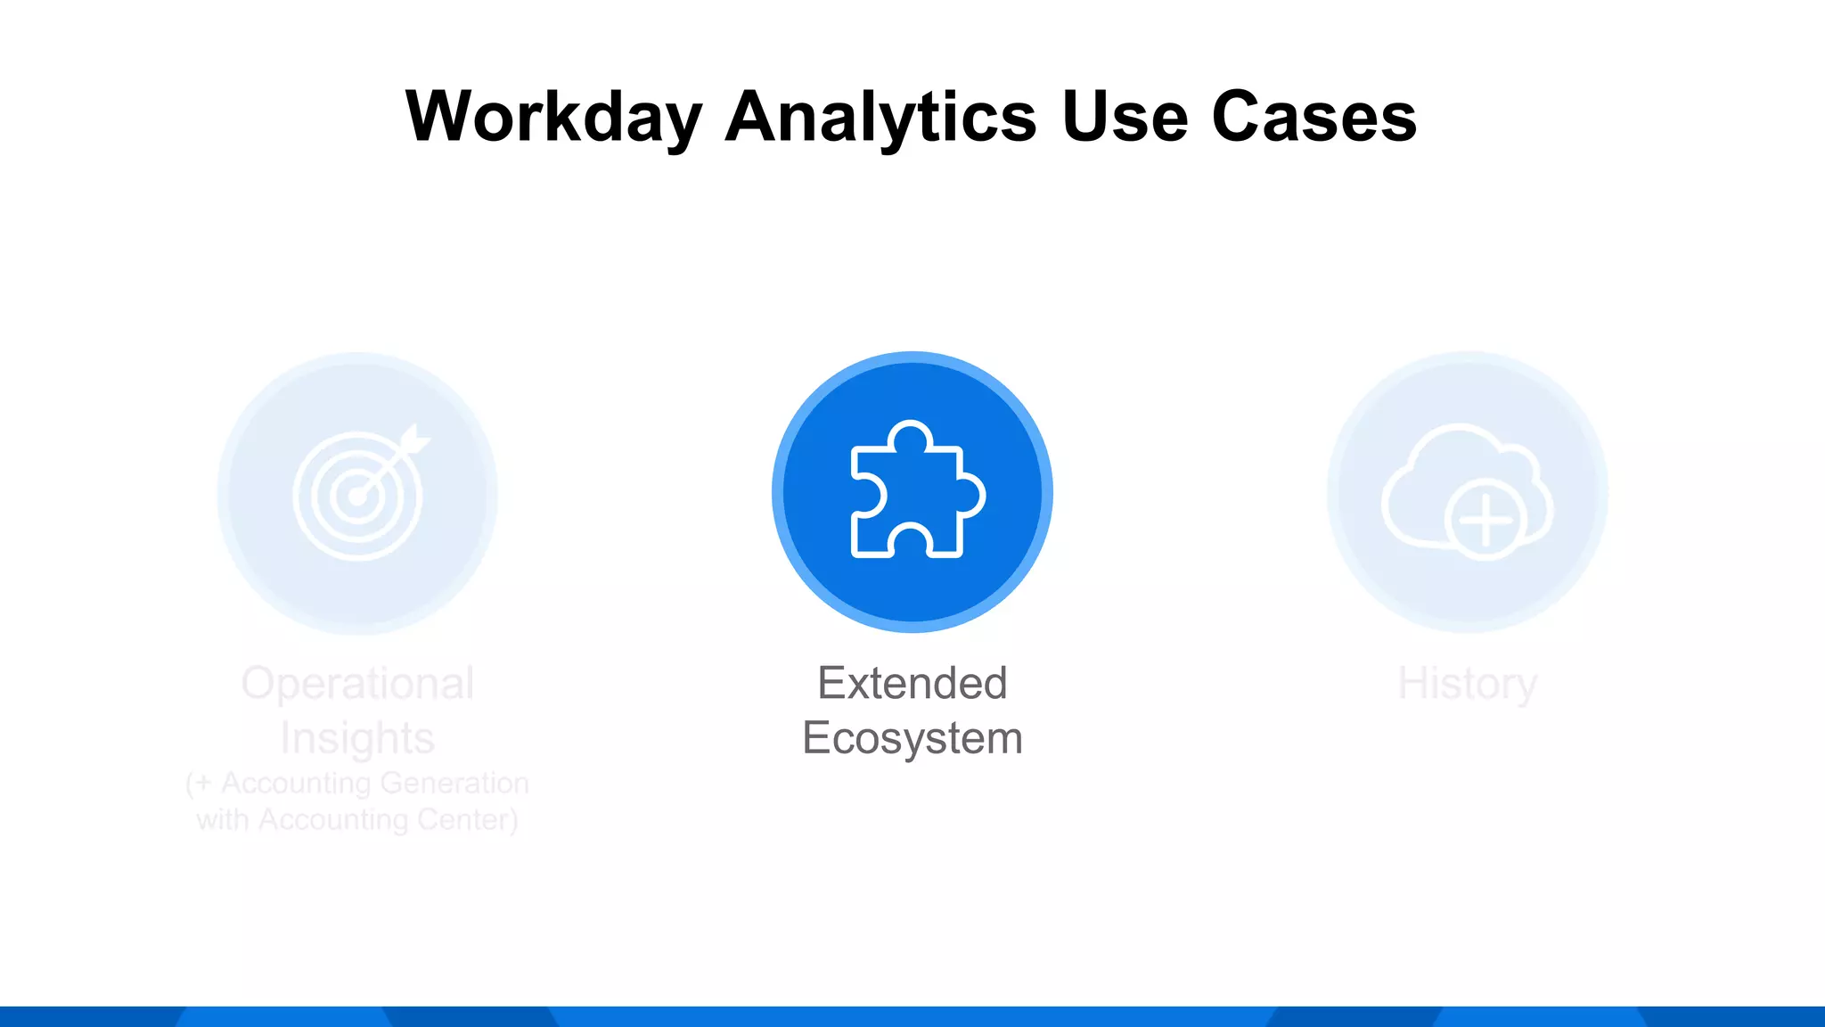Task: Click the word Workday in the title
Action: [553, 118]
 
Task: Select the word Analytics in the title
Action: [881, 118]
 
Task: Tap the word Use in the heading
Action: [1125, 118]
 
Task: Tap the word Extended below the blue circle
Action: [912, 684]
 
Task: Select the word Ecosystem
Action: [912, 738]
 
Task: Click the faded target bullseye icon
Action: [358, 496]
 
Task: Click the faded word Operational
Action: [357, 684]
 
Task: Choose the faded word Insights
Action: [357, 738]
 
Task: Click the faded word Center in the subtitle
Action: [463, 819]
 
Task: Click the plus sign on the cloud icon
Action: [1485, 520]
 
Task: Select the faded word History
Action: [1467, 684]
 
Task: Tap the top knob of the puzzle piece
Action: [910, 436]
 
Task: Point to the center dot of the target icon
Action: [357, 497]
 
